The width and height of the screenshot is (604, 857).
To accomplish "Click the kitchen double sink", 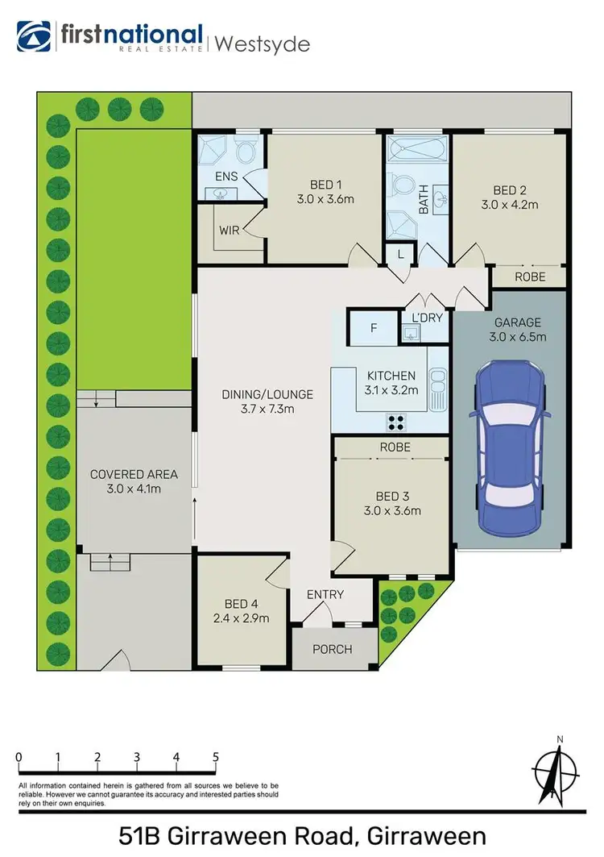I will (437, 388).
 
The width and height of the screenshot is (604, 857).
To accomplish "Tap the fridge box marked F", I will (373, 328).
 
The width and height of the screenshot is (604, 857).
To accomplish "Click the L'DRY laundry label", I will (427, 318).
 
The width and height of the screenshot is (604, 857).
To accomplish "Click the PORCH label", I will (333, 649).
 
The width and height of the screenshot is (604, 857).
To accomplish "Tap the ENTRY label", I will (325, 595).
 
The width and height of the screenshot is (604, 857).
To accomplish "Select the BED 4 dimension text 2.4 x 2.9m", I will (241, 618).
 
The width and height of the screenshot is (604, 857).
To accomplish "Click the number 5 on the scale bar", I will (215, 757).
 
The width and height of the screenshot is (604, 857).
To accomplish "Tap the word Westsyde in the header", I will (261, 44).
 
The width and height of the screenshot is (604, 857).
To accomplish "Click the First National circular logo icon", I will (33, 37).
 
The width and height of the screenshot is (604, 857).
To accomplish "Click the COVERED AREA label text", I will (134, 474).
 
